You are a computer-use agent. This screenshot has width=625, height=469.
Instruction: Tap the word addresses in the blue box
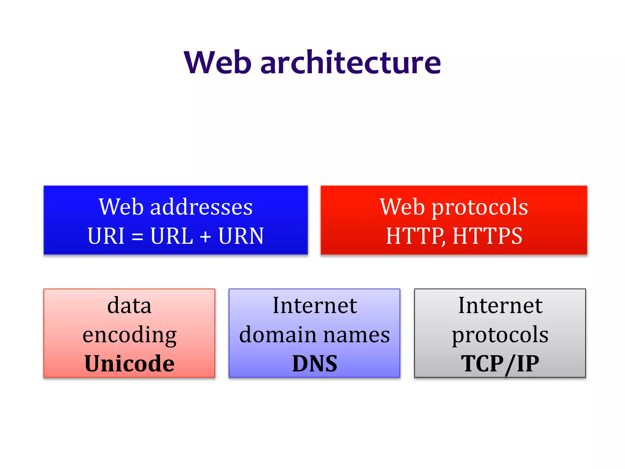[x=201, y=207]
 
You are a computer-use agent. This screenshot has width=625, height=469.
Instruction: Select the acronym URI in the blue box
[x=106, y=236]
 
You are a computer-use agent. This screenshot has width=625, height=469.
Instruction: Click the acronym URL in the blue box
[x=172, y=236]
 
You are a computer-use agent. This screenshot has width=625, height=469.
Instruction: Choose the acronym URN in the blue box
[x=241, y=236]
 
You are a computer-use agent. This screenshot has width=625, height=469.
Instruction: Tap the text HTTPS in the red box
[x=487, y=236]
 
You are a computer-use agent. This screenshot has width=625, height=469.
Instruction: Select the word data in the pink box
[x=129, y=305]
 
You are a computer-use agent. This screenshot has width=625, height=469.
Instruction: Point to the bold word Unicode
[x=129, y=363]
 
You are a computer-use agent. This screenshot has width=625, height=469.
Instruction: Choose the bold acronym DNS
[x=315, y=363]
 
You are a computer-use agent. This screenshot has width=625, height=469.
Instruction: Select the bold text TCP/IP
[x=500, y=364]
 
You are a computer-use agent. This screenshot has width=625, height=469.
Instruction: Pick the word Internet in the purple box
[x=315, y=305]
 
